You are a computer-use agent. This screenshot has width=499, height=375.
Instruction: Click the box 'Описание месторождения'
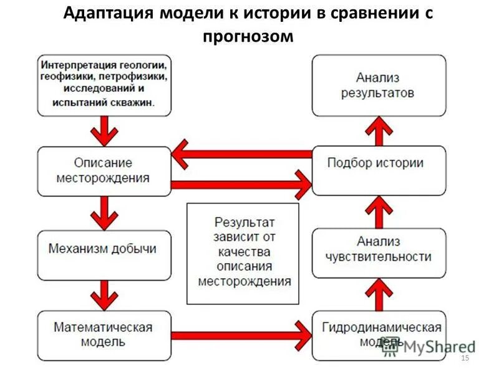[x=104, y=171]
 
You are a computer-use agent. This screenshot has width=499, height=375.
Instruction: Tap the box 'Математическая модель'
[x=104, y=335]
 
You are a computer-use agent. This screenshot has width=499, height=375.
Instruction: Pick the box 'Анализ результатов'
[x=379, y=86]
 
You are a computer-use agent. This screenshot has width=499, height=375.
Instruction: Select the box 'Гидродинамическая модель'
[x=379, y=335]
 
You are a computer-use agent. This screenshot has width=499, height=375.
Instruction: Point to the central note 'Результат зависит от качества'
[x=244, y=253]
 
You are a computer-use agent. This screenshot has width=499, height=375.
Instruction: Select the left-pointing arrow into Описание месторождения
[x=240, y=154]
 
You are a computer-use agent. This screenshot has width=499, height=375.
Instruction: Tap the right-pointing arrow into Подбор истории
[x=240, y=184]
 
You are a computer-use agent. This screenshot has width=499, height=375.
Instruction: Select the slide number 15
[x=463, y=357]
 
